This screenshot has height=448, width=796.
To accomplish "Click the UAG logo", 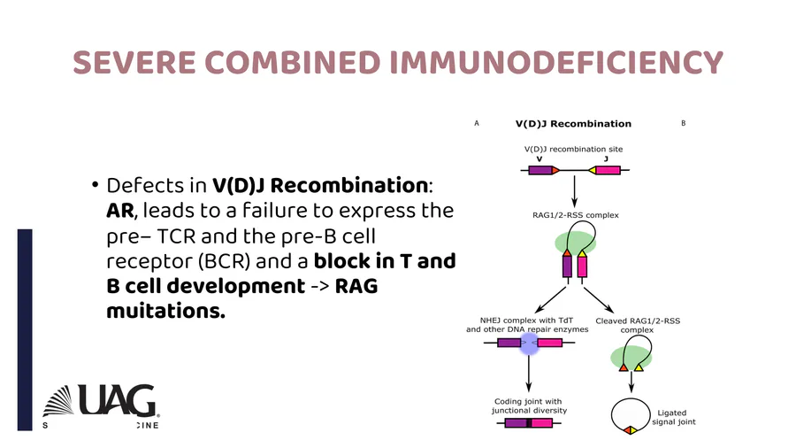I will point(100,402).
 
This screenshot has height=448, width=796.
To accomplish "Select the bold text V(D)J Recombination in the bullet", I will point(320,187).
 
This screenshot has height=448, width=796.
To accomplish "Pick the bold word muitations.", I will point(165,313).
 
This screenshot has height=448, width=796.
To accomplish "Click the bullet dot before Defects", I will point(94,187).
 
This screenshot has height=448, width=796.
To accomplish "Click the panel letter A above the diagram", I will point(477,123).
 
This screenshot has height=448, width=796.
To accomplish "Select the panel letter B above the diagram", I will point(684,123).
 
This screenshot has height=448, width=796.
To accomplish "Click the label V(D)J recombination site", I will point(573,149).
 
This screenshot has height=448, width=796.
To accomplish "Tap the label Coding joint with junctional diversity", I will point(529,406).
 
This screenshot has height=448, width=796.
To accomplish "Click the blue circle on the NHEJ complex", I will point(529,344).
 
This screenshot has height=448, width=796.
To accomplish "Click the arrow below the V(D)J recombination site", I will point(575,188).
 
